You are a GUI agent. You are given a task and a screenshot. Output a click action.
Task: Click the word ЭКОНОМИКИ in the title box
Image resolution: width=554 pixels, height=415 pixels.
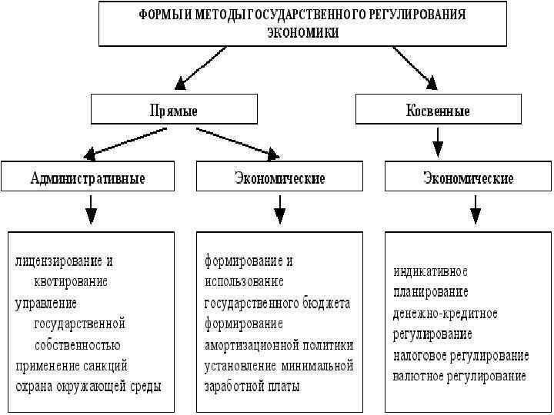pyautogui.click(x=302, y=33)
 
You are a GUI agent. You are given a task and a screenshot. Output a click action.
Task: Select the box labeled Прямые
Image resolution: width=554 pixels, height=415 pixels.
pyautogui.click(x=172, y=111)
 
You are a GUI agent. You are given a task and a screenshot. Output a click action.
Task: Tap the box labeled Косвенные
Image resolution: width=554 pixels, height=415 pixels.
pyautogui.click(x=438, y=111)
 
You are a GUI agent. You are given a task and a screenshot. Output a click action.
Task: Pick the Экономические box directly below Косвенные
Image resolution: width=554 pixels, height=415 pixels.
pyautogui.click(x=468, y=178)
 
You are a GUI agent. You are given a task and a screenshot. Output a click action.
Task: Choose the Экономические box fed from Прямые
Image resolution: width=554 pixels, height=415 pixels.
pyautogui.click(x=279, y=178)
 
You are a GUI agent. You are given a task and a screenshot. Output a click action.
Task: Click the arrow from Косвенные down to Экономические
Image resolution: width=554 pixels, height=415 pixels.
pyautogui.click(x=437, y=142)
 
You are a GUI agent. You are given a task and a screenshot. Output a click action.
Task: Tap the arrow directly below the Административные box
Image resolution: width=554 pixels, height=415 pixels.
pyautogui.click(x=91, y=207)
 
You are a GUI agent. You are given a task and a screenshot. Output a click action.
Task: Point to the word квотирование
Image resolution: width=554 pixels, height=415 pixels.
pyautogui.click(x=71, y=282)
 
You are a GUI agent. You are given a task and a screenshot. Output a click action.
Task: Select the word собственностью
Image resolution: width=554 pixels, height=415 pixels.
pyautogui.click(x=77, y=344)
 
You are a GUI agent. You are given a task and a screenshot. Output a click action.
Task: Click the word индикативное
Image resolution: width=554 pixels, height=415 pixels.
pyautogui.click(x=430, y=272)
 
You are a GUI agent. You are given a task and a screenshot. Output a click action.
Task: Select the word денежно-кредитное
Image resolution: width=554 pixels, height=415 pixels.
pyautogui.click(x=445, y=314)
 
